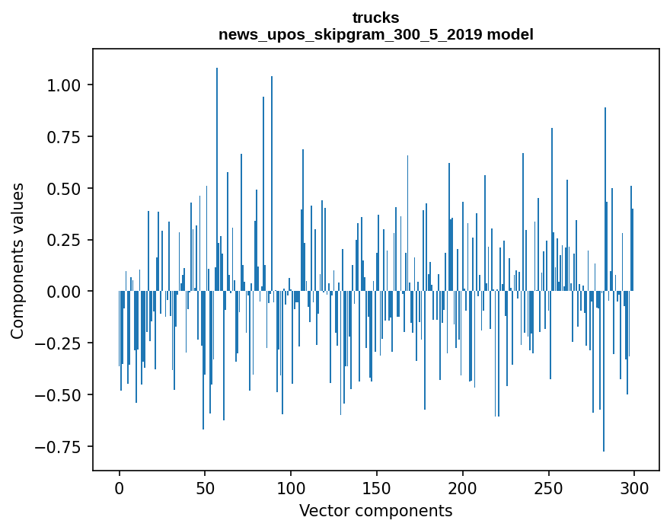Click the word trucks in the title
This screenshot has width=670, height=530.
(375, 18)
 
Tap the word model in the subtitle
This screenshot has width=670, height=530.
(512, 34)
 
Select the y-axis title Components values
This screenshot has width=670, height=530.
(18, 260)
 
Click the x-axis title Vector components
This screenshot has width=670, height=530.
(375, 510)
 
